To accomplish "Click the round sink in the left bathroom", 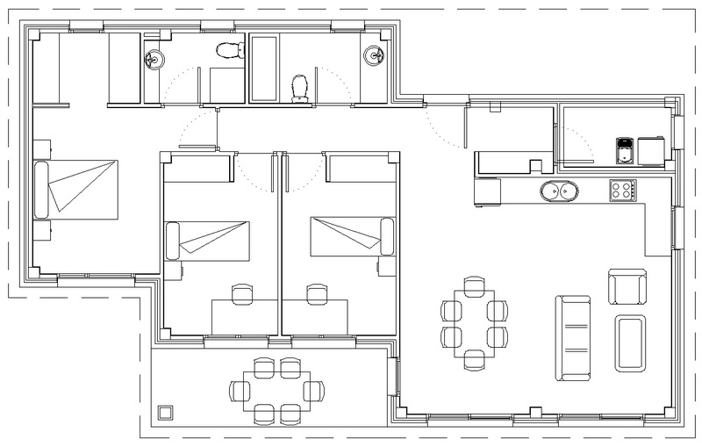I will click(153, 58).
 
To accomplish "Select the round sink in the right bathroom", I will click(374, 55).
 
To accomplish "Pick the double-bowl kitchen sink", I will click(559, 191).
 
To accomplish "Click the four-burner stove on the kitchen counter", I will click(622, 189).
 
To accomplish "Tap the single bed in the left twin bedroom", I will click(208, 238).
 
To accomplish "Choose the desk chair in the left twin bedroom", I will click(241, 292).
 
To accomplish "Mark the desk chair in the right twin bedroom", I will click(317, 292).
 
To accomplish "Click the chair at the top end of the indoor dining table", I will click(474, 285).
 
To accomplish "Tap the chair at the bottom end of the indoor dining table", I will click(474, 358).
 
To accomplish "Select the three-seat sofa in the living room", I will click(572, 338).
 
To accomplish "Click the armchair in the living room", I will click(627, 286).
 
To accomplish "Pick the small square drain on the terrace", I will click(164, 412).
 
